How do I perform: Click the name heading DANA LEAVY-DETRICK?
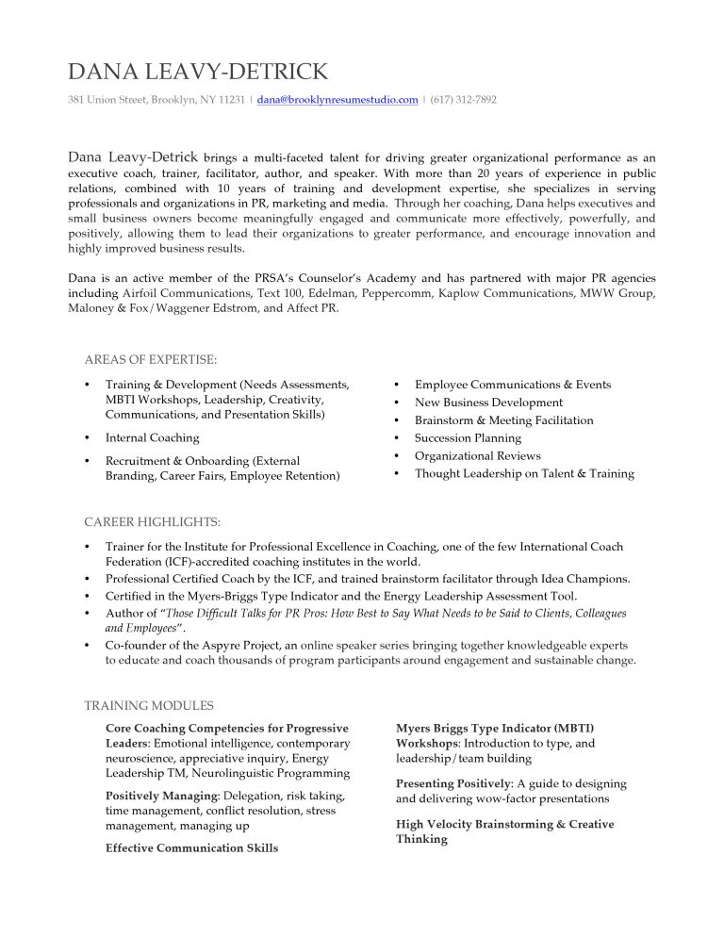click(x=198, y=72)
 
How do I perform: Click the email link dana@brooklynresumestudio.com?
click(x=337, y=99)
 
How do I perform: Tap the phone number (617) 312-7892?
click(x=463, y=99)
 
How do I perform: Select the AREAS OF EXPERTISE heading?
click(x=151, y=359)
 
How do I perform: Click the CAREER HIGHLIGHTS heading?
click(x=153, y=521)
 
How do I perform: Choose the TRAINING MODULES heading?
click(x=149, y=705)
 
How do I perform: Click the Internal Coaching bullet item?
click(x=152, y=437)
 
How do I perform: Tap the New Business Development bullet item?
click(x=488, y=403)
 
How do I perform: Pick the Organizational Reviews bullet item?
click(x=477, y=456)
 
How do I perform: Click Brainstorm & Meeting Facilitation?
click(x=503, y=420)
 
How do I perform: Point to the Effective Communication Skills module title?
click(x=191, y=848)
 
